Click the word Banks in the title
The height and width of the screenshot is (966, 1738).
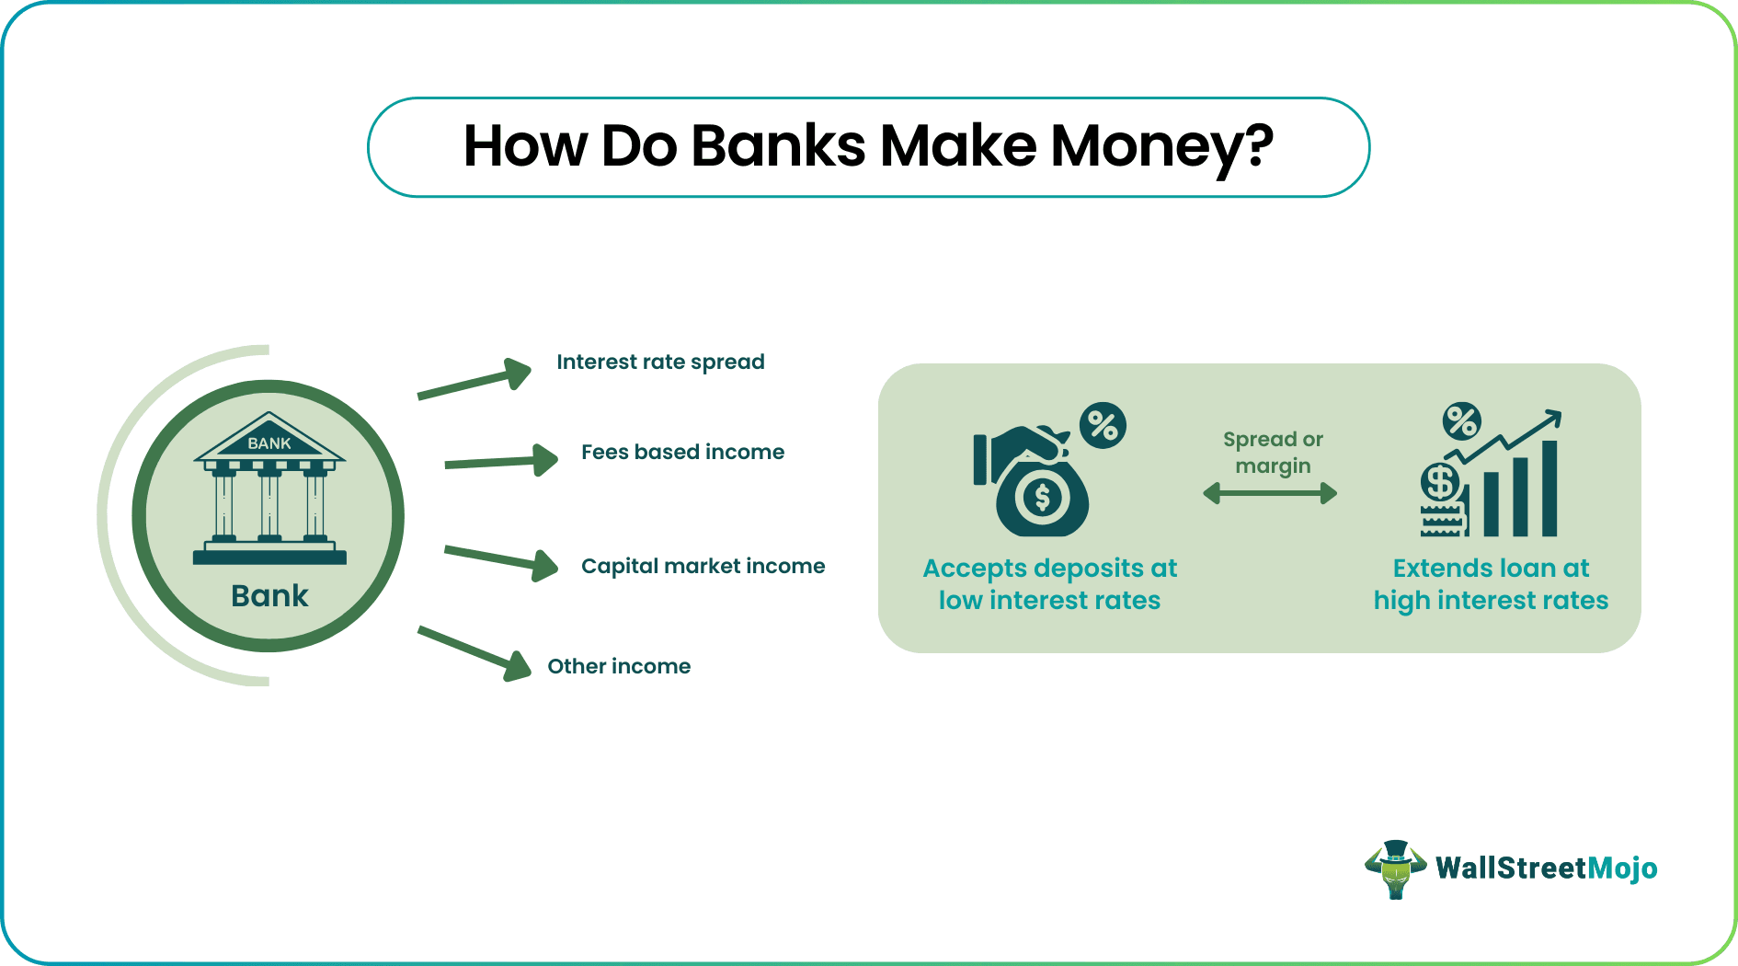[x=778, y=147]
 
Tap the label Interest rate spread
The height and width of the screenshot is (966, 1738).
[x=660, y=362]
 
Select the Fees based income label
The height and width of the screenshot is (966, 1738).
[x=682, y=453]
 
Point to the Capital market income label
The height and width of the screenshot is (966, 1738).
[x=703, y=567]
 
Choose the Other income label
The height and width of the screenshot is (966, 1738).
[x=619, y=667]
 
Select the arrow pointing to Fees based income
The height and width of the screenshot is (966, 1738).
[x=502, y=461]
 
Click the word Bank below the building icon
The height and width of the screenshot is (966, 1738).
[x=269, y=596]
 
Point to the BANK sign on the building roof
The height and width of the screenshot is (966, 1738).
[x=269, y=443]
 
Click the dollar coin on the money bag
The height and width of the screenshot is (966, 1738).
[x=1042, y=498]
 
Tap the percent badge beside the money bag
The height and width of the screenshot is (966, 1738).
[x=1103, y=426]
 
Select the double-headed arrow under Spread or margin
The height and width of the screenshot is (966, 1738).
[x=1270, y=494]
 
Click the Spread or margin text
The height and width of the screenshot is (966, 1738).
[x=1273, y=453]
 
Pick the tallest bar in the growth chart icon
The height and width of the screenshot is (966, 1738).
[x=1549, y=489]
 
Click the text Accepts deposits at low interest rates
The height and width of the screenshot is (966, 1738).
[x=1049, y=584]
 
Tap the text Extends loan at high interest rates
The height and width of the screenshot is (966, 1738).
[x=1491, y=584]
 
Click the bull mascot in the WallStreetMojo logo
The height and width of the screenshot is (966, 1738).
[x=1395, y=868]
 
